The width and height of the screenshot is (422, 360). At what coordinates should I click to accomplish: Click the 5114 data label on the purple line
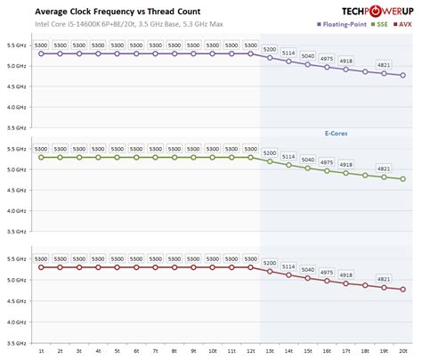[288, 52]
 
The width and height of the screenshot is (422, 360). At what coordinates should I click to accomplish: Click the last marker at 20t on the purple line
[404, 76]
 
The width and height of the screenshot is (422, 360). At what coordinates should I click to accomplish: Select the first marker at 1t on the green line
[41, 158]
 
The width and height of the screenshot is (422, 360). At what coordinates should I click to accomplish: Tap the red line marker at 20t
[404, 290]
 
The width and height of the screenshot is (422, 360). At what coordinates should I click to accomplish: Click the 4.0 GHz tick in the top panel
[15, 107]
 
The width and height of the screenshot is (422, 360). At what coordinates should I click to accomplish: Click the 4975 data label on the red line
[327, 272]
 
